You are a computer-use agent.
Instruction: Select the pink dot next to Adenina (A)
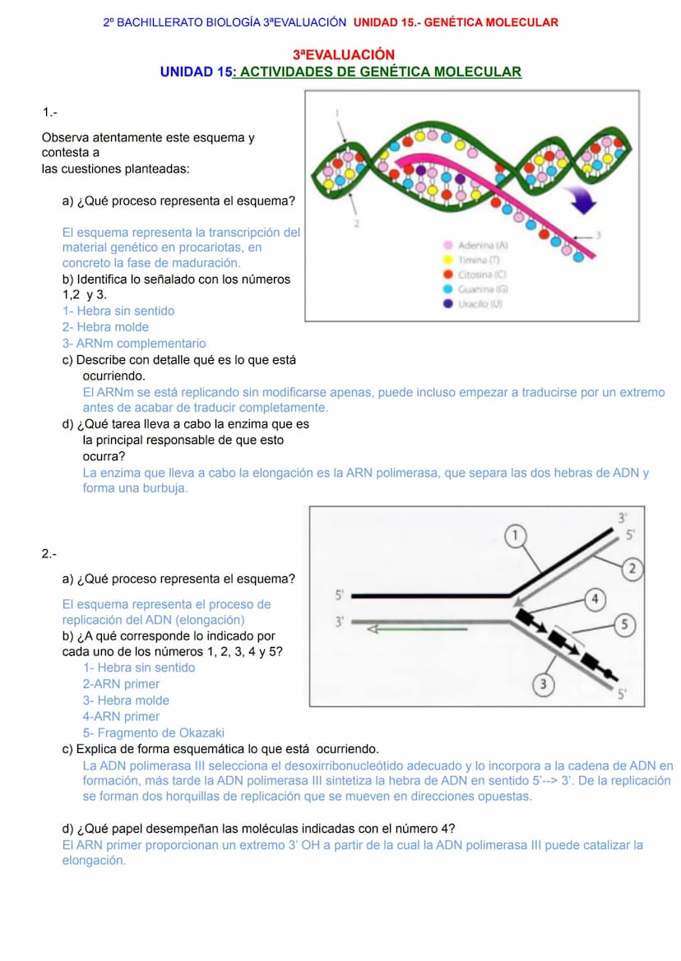[x=447, y=245]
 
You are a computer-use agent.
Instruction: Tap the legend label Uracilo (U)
[x=479, y=303]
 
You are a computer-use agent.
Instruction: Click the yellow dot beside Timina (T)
[x=447, y=260]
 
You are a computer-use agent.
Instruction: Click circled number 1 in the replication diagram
[x=515, y=536]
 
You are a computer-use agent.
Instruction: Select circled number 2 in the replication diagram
[x=632, y=568]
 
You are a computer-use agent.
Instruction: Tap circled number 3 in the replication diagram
[x=541, y=684]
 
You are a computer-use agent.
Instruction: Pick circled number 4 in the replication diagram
[x=596, y=598]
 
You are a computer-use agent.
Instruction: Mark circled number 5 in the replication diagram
[x=625, y=625]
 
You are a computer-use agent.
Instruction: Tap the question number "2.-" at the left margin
[x=49, y=553]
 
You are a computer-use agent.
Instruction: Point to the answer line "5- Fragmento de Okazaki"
[x=153, y=732]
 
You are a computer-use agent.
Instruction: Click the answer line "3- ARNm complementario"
[x=134, y=344]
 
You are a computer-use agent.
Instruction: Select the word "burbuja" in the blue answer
[x=166, y=487]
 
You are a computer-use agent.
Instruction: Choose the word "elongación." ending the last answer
[x=94, y=861]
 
